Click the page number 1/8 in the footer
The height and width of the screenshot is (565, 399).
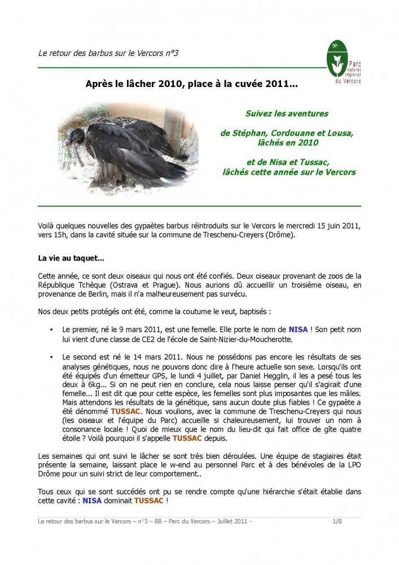[x=337, y=522]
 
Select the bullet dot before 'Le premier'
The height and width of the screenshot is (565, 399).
[x=51, y=329]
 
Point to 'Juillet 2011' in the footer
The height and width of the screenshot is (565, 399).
[x=230, y=522]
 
